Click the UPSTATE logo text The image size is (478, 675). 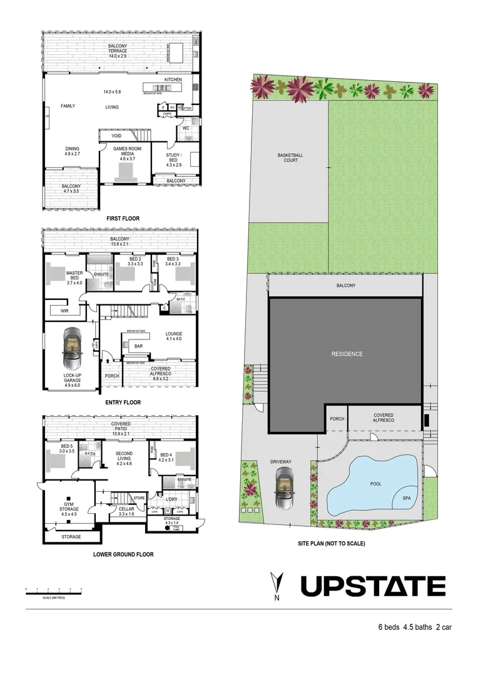[373, 587]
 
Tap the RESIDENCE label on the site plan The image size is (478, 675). [347, 354]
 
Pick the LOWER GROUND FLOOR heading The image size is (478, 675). [123, 554]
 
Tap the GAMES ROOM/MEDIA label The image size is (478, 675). [128, 152]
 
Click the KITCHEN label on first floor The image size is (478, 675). [173, 80]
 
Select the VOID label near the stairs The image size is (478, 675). [116, 135]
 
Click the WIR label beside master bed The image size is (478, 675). [64, 310]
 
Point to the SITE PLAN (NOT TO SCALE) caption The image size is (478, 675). [331, 544]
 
